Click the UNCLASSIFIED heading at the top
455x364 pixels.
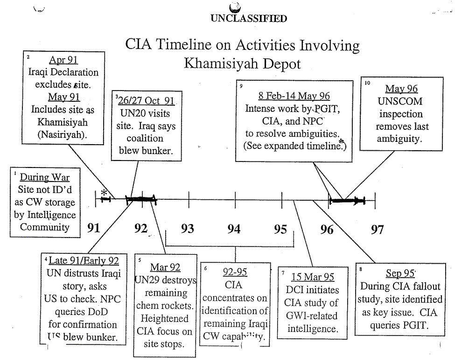(248, 19)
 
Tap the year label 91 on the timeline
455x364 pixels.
(94, 228)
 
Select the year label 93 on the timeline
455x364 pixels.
(187, 229)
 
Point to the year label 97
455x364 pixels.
(377, 229)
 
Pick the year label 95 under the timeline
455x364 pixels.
(280, 229)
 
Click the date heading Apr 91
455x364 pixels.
(63, 60)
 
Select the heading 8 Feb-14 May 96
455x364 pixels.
(294, 96)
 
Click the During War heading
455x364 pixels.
(45, 178)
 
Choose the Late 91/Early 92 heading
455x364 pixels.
(84, 261)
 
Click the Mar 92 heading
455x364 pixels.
(165, 267)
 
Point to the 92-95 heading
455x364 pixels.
(235, 272)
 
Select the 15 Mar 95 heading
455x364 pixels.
(313, 277)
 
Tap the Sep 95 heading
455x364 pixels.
(400, 273)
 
